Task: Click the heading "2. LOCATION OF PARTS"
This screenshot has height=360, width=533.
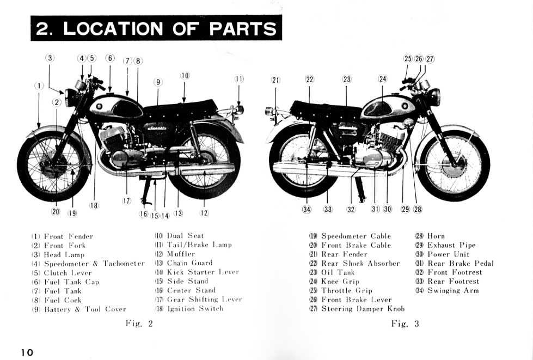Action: (x=156, y=28)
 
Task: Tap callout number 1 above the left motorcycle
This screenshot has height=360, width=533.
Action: (x=39, y=86)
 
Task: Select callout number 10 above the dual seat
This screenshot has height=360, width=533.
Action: (x=185, y=76)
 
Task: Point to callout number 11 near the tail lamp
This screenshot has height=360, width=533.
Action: (x=239, y=79)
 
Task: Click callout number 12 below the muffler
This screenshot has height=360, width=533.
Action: (x=204, y=212)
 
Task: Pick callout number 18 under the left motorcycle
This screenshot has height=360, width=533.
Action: (x=94, y=205)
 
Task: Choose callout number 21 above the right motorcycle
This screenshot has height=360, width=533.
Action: (x=275, y=80)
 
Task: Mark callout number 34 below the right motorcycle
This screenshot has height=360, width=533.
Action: (x=307, y=209)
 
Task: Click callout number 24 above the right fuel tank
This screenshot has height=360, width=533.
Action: (x=383, y=79)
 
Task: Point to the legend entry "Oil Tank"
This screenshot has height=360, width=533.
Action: (x=332, y=272)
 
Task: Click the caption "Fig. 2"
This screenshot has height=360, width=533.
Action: (x=139, y=324)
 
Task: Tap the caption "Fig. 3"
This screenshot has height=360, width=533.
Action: (x=405, y=324)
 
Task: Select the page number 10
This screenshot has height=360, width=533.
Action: (x=27, y=352)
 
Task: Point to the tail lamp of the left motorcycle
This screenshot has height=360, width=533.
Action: (x=239, y=110)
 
